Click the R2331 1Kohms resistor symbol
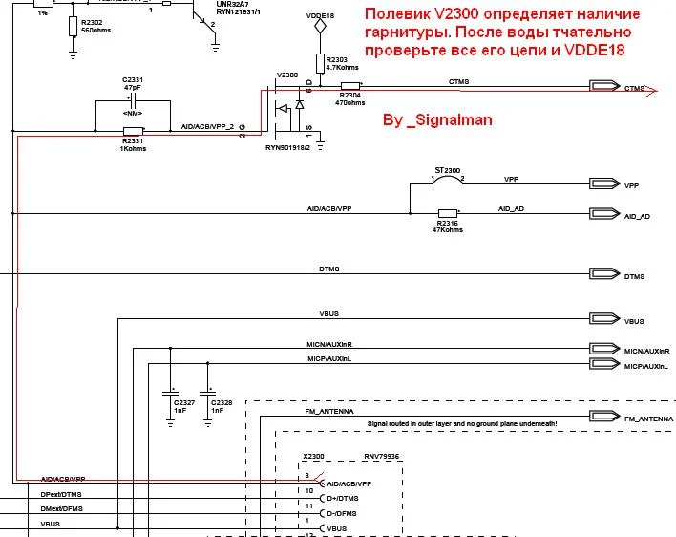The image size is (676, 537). pos(133,131)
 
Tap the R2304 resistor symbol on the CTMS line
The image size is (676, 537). pos(350,89)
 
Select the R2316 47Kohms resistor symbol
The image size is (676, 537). pos(447,213)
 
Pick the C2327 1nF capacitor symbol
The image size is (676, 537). pos(171,392)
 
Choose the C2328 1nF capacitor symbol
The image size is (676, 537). pos(207,392)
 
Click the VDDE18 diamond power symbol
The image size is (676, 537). pos(321,28)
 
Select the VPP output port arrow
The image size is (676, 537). pos(605,183)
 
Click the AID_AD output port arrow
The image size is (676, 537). pos(605,214)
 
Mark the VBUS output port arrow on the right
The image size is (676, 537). pos(605,320)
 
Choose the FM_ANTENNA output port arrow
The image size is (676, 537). pos(605,417)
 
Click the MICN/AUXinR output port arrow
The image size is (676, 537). pos(605,350)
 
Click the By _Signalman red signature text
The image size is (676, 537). pos(436,120)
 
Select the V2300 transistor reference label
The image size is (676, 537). pos(286,74)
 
